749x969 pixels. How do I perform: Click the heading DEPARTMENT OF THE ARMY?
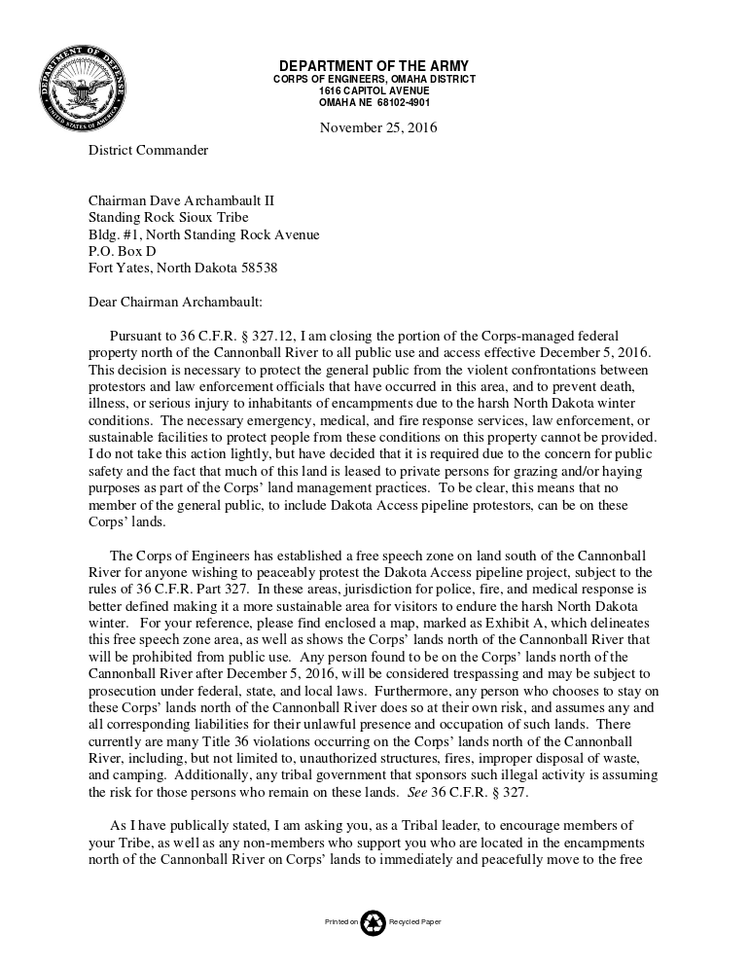coord(374,66)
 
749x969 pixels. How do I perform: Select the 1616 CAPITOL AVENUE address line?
coord(374,90)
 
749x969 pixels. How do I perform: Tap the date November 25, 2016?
coord(378,127)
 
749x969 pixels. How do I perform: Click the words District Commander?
coord(148,150)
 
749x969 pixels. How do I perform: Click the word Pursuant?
coord(139,336)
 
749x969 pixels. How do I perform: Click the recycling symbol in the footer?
coord(374,922)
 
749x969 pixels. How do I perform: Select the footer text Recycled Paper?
coord(415,922)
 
